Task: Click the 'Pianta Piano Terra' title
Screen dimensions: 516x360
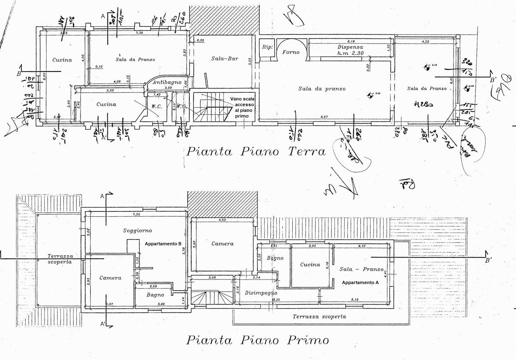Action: pos(256,152)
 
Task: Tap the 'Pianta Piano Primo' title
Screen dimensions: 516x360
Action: pos(258,340)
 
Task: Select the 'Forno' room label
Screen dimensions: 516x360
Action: pos(291,52)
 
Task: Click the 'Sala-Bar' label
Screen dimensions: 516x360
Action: pos(225,58)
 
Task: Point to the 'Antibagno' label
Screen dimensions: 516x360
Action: pos(167,82)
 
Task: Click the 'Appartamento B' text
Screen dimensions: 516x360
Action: pos(163,243)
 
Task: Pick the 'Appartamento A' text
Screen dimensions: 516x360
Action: pos(360,282)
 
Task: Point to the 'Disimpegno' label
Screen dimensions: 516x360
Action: pos(261,293)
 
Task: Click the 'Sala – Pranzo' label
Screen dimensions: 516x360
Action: pos(361,269)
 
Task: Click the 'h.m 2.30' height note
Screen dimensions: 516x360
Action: pos(350,53)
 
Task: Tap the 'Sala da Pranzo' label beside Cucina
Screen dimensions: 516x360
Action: pos(135,60)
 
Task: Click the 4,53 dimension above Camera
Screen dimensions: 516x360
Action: pos(222,220)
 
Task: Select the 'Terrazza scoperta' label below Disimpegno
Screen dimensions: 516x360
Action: pos(319,317)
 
